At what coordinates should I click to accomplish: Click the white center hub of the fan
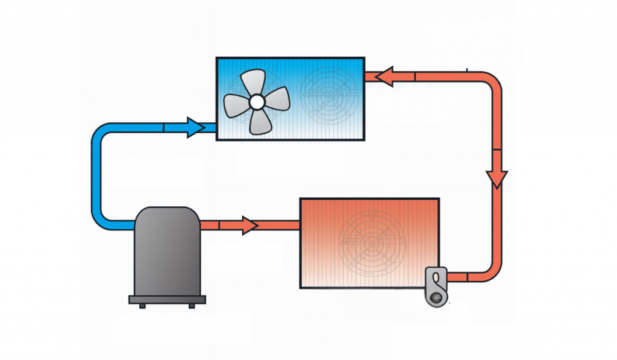click(x=257, y=102)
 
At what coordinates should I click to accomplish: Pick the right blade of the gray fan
click(x=278, y=97)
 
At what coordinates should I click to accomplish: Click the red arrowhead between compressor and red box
click(x=249, y=225)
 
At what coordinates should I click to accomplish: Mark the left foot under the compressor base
click(x=142, y=306)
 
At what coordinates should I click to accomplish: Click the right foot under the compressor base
click(x=192, y=306)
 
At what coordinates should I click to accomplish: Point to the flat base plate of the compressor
click(x=167, y=299)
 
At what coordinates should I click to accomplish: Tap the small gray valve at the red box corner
click(x=437, y=284)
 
